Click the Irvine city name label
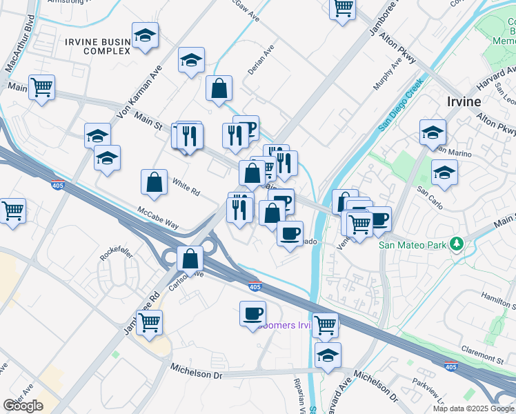[464, 101]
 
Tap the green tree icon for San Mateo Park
[455, 244]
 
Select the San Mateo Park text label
[413, 244]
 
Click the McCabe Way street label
[157, 216]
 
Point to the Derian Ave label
[261, 61]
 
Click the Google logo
[23, 406]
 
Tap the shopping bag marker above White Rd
[155, 182]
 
